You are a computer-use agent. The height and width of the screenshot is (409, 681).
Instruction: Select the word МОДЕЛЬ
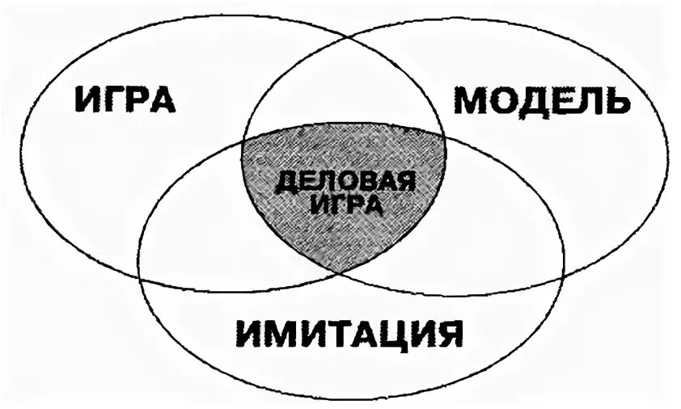[539, 102]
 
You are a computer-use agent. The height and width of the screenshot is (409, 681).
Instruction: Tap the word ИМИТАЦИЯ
[349, 333]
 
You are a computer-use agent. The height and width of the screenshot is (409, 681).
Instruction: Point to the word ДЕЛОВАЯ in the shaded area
[345, 182]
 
